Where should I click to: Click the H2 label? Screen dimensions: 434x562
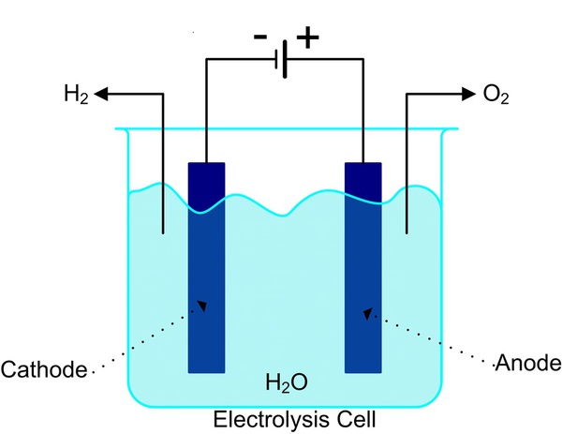click(x=75, y=94)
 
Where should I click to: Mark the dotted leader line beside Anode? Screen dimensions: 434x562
click(x=431, y=339)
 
